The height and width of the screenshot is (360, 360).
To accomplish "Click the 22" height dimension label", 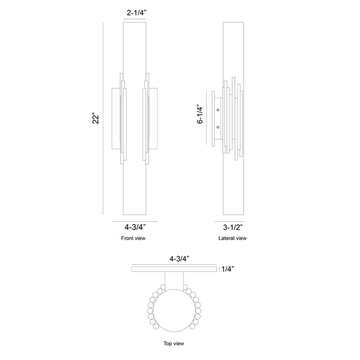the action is pos(96,118).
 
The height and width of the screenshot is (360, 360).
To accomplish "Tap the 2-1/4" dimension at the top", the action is pos(137,13).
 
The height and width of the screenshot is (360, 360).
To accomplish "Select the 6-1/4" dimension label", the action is pos(200,115).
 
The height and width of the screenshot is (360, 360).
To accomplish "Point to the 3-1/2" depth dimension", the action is pos(233,227).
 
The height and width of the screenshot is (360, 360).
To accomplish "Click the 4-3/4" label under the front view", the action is pos(135,227).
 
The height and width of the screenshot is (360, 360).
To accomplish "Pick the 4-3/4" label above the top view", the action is pos(179,259).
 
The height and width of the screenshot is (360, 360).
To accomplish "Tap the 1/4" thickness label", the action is pos(228,269).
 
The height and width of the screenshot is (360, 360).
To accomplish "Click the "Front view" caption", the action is pos(133,238).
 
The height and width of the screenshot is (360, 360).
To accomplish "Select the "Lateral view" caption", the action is pos(232,238).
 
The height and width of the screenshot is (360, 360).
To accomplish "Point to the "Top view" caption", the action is pos(174,343).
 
